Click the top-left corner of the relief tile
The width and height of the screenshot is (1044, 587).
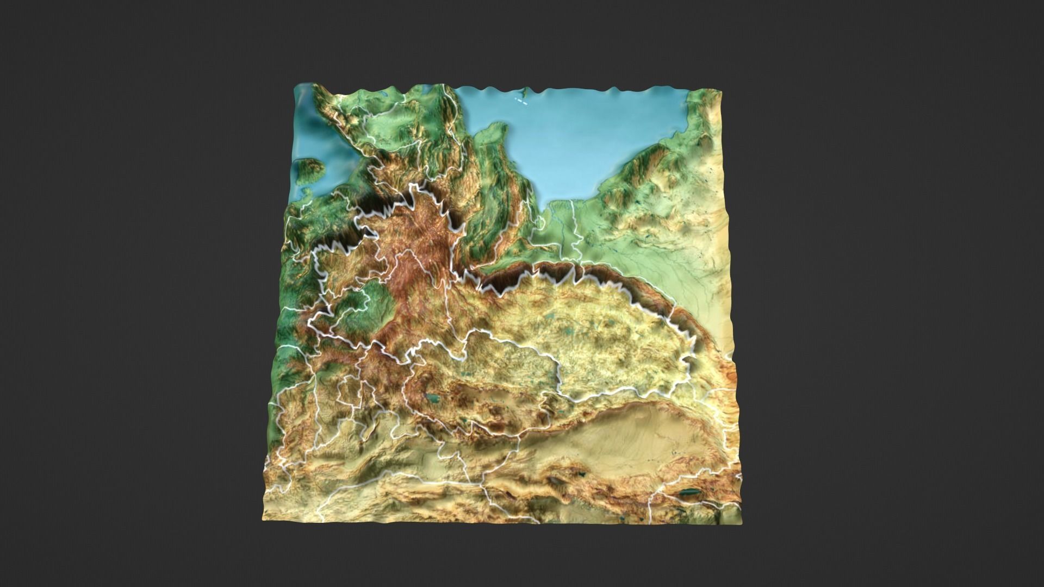coord(295,85)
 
